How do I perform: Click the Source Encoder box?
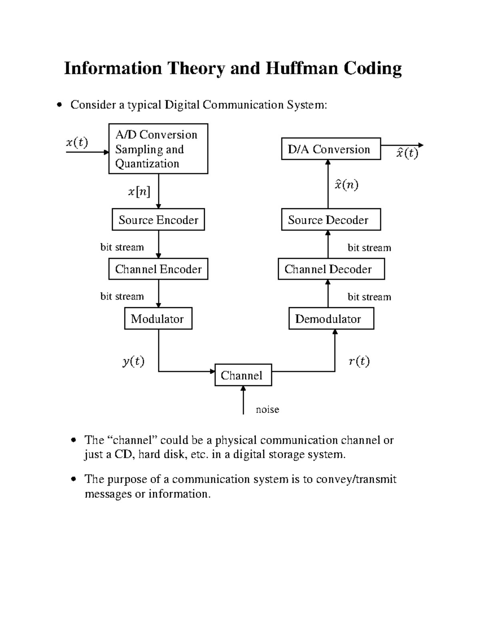pyautogui.click(x=158, y=219)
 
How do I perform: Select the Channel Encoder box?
pyautogui.click(x=158, y=269)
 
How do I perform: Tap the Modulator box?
pyautogui.click(x=158, y=318)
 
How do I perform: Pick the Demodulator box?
pyautogui.click(x=331, y=318)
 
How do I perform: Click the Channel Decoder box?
pyautogui.click(x=331, y=269)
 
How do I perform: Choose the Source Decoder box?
pyautogui.click(x=331, y=219)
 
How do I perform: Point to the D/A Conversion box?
pyautogui.click(x=331, y=149)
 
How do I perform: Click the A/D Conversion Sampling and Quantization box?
pyautogui.click(x=158, y=149)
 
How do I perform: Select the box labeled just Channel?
pyautogui.click(x=243, y=375)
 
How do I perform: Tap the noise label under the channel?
pyautogui.click(x=267, y=409)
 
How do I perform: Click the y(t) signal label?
pyautogui.click(x=133, y=361)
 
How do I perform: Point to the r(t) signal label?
pyautogui.click(x=359, y=361)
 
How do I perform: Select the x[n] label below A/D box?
pyautogui.click(x=139, y=192)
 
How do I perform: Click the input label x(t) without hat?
pyautogui.click(x=77, y=142)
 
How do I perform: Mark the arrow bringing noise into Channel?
pyautogui.click(x=243, y=401)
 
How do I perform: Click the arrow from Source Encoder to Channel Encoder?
pyautogui.click(x=159, y=244)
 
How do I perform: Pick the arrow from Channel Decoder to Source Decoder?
pyautogui.click(x=328, y=244)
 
